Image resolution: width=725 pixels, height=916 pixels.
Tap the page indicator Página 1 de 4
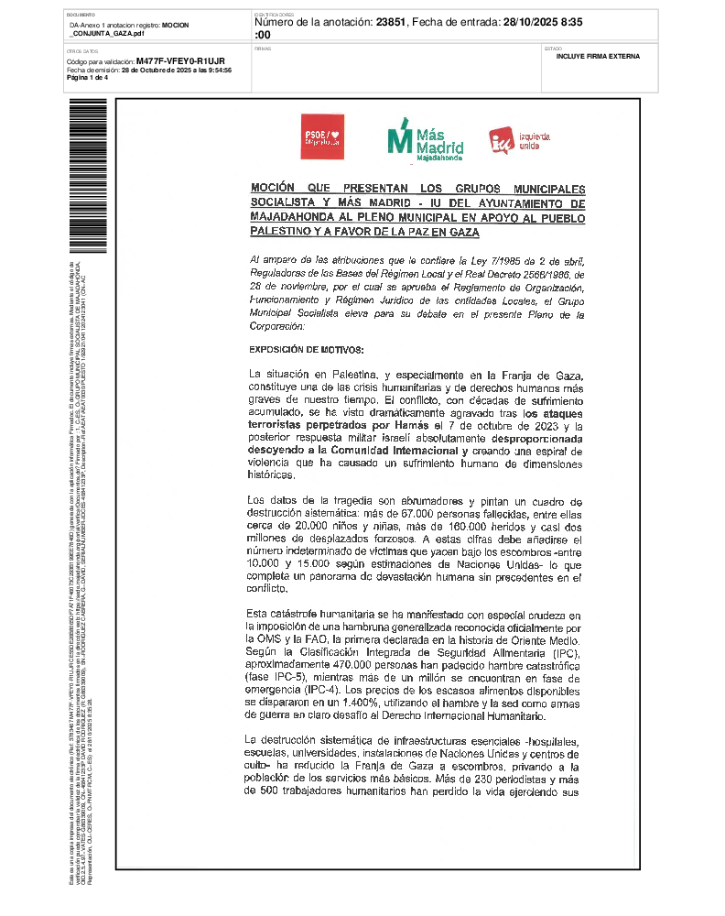[87, 77]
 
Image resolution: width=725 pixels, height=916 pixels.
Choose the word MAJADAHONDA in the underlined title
[295, 218]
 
